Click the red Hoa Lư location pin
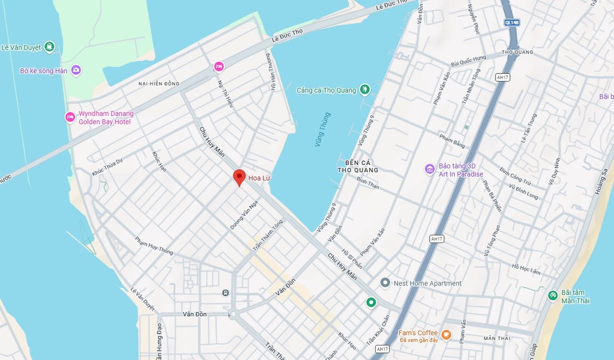click(x=239, y=177)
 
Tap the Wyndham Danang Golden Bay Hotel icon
click(x=70, y=117)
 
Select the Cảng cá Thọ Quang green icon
click(x=365, y=90)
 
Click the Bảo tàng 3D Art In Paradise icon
click(x=430, y=169)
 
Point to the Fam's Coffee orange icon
click(x=446, y=334)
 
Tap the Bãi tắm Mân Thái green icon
click(x=553, y=295)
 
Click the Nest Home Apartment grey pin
click(x=385, y=283)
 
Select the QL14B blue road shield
click(x=512, y=22)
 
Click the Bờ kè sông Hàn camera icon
click(x=76, y=70)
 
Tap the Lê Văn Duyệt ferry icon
click(x=49, y=47)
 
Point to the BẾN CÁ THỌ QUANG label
click(x=358, y=166)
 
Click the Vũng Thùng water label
click(x=322, y=129)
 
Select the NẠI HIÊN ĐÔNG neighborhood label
click(x=158, y=83)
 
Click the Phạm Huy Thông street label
click(x=154, y=245)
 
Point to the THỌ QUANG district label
click(x=517, y=52)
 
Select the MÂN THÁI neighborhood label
click(x=497, y=338)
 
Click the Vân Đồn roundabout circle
click(x=232, y=314)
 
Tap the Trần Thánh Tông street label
click(x=267, y=235)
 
